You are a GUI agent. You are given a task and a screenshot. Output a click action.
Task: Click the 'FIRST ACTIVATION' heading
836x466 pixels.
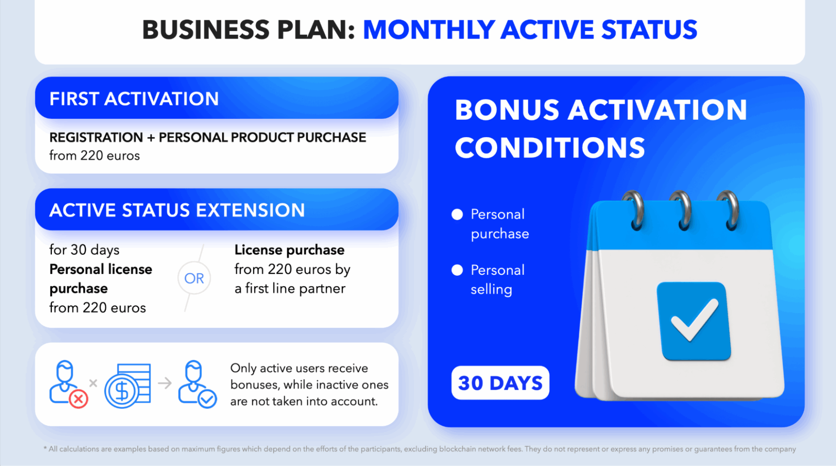tap(134, 99)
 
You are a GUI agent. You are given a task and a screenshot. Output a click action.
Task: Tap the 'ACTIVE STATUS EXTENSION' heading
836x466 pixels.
tap(177, 210)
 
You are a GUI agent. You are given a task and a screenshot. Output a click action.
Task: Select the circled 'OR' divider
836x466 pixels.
tap(194, 278)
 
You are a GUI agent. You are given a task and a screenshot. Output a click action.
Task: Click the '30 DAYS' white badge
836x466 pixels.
tap(500, 383)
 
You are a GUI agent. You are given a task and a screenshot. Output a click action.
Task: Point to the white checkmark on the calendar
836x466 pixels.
tap(694, 320)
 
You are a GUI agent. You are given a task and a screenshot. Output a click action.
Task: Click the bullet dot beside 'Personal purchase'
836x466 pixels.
tap(457, 214)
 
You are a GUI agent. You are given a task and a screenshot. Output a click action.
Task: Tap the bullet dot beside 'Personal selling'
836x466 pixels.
tap(457, 270)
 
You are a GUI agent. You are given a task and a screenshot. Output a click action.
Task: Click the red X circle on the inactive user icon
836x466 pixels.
tap(78, 399)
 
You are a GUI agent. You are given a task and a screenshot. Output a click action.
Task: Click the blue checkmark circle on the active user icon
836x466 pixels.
tap(207, 399)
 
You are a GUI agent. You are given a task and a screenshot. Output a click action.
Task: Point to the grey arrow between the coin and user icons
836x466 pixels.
tap(165, 383)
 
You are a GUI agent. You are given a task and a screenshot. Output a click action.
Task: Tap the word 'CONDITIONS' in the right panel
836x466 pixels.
tap(550, 148)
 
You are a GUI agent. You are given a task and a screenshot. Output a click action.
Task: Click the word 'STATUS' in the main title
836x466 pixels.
tap(649, 30)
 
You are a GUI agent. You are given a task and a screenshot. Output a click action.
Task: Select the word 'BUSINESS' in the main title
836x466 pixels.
tap(206, 30)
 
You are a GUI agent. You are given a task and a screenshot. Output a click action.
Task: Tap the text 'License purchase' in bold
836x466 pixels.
tap(290, 250)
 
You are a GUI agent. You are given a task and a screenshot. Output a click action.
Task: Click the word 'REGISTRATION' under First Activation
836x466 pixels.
tap(96, 137)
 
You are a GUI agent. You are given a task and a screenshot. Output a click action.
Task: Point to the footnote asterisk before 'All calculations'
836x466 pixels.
tap(45, 448)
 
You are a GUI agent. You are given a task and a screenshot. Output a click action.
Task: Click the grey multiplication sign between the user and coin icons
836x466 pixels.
tap(93, 383)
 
